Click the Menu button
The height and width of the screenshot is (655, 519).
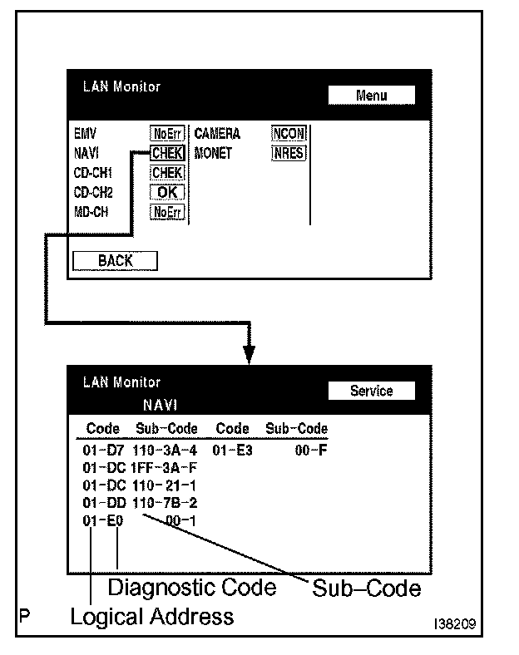pyautogui.click(x=371, y=95)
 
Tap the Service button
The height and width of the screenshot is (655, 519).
pyautogui.click(x=371, y=391)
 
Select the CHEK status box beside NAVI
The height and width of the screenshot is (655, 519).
pyautogui.click(x=167, y=153)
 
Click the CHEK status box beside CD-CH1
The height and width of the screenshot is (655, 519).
pyautogui.click(x=167, y=173)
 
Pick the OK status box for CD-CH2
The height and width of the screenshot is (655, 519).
pyautogui.click(x=167, y=192)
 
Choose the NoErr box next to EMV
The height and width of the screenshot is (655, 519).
pyautogui.click(x=167, y=134)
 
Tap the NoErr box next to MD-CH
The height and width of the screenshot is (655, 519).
pyautogui.click(x=167, y=212)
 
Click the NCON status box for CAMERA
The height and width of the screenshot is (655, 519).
pyautogui.click(x=289, y=134)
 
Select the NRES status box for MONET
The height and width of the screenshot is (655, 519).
pyautogui.click(x=289, y=153)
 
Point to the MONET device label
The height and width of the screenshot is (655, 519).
pyautogui.click(x=214, y=154)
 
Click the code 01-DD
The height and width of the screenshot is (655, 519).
pyautogui.click(x=103, y=503)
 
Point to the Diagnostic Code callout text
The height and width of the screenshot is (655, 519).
pyautogui.click(x=192, y=587)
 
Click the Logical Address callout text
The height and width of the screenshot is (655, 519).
pyautogui.click(x=151, y=617)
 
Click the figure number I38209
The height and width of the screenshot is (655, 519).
pyautogui.click(x=454, y=622)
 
